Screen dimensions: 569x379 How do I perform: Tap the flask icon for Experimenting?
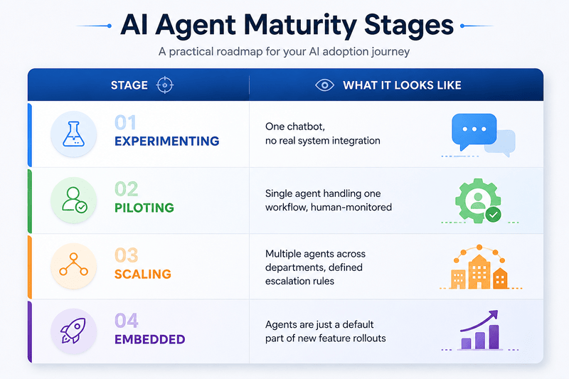pos(74,134)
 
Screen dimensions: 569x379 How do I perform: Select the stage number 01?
pos(126,122)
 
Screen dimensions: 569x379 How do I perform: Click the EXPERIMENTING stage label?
pos(167,141)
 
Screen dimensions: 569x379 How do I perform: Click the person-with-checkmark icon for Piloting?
pos(75,200)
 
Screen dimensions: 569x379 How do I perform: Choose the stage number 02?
pos(127,189)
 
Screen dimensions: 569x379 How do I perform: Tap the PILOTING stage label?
pos(144,208)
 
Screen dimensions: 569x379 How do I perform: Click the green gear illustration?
pos(478,201)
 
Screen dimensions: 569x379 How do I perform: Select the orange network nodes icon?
pos(74,265)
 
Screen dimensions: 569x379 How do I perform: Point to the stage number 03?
pos(127,255)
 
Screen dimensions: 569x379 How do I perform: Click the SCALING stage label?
pos(143,274)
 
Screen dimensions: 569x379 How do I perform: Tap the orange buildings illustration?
pos(479,267)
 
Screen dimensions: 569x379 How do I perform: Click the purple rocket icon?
pos(74,331)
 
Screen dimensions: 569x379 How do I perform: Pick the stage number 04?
pos(127,321)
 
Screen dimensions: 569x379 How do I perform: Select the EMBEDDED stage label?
pos(150,339)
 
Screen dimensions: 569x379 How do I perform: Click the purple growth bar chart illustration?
pos(479,330)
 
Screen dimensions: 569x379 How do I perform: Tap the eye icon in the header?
pos(325,85)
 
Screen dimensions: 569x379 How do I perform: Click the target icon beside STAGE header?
pos(165,85)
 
